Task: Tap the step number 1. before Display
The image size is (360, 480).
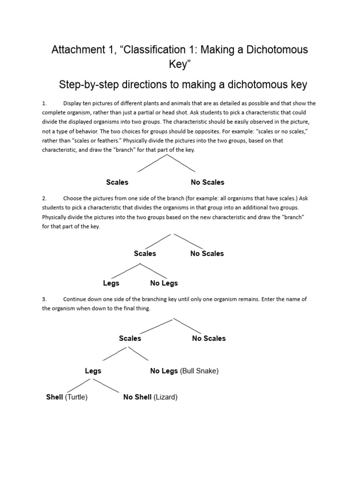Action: coord(45,103)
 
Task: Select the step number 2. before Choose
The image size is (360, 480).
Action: coord(45,198)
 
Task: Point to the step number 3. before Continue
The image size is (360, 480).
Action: coord(45,299)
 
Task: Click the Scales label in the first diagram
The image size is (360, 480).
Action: coord(117,182)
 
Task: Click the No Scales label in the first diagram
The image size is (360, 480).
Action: coord(207,182)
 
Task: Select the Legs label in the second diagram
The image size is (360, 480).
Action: coord(111,283)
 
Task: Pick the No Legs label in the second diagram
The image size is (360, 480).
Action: coord(164,283)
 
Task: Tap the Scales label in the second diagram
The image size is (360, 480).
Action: coord(145,254)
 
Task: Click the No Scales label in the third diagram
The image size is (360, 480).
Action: coord(209,338)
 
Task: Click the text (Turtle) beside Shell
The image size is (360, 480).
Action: coord(76,397)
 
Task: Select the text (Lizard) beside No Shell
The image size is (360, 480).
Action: coord(165,397)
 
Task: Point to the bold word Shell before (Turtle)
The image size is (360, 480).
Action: coord(54,397)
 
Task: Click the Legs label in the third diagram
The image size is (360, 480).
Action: coord(93,371)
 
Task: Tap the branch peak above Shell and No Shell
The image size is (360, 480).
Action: coord(93,378)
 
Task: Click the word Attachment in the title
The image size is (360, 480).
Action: coord(76,50)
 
